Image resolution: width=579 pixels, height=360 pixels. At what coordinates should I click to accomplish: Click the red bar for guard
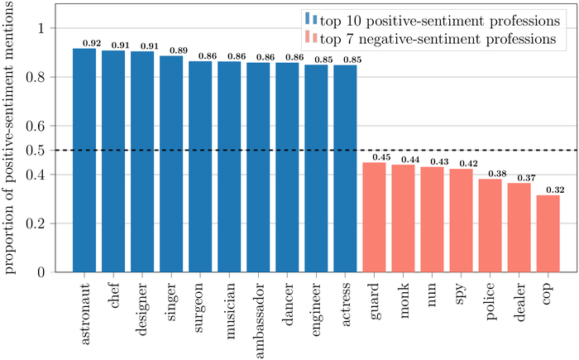[375, 217]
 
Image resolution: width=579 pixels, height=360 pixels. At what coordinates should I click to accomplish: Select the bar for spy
[462, 220]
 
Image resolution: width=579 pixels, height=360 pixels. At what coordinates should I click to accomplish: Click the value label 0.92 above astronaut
[92, 42]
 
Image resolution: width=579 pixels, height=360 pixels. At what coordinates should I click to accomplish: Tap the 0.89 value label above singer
[178, 50]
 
